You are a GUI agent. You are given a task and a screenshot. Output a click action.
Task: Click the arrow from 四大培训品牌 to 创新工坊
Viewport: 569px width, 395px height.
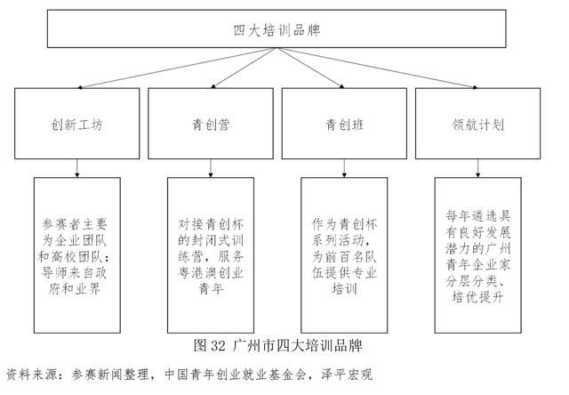click(177, 68)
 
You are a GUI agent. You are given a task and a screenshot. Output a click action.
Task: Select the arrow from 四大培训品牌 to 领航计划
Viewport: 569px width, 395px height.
click(377, 68)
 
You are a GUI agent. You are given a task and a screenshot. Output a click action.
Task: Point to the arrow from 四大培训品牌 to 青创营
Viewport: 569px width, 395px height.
click(244, 68)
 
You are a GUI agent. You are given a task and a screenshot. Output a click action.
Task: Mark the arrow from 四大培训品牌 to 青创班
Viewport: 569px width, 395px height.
click(310, 68)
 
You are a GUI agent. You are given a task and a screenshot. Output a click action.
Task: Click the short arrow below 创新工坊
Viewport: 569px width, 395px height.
click(77, 168)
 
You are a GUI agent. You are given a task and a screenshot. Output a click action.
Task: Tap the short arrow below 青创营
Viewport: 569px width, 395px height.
click(211, 168)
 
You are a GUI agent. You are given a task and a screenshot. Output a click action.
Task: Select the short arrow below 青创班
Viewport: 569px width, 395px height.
click(344, 168)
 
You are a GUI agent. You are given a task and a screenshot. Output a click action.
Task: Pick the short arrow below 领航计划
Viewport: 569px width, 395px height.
click(477, 168)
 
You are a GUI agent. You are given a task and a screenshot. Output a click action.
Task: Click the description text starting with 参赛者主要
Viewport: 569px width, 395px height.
click(75, 256)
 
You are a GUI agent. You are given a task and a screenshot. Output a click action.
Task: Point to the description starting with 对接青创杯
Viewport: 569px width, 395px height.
click(211, 256)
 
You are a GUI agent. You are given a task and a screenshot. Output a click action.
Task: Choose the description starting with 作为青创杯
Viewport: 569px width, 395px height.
click(344, 256)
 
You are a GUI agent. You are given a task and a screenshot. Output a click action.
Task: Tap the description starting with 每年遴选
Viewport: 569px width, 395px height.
click(478, 256)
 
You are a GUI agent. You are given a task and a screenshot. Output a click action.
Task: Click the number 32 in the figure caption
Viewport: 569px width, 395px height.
click(218, 345)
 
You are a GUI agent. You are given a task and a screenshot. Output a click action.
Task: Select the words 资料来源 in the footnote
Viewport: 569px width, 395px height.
click(31, 375)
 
